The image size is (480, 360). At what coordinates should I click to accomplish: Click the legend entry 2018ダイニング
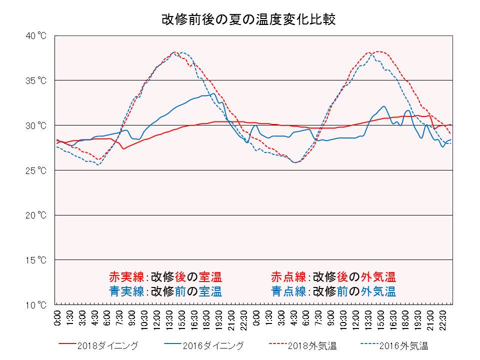coord(110,345)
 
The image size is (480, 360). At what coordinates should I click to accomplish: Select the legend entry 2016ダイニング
coord(213,345)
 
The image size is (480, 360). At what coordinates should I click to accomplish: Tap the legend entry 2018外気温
coord(314,345)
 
